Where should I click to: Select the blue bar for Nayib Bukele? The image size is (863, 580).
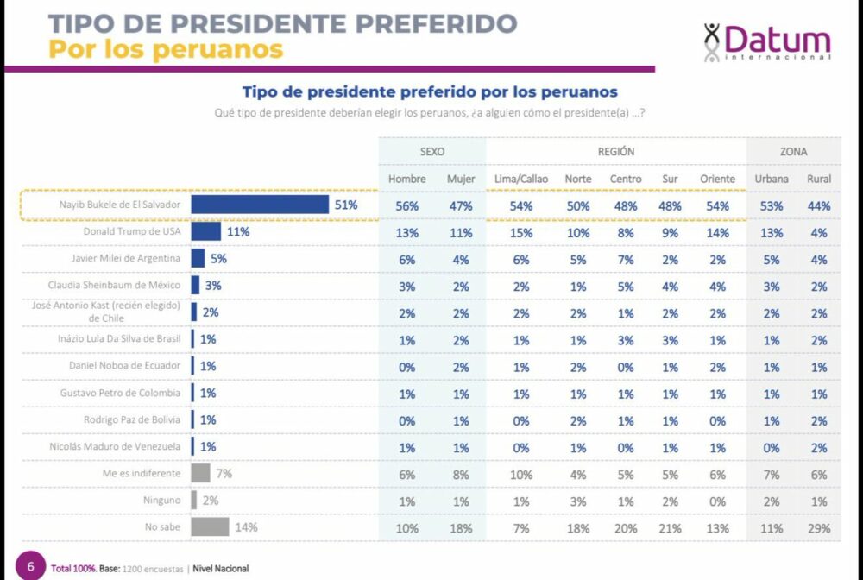point(260,205)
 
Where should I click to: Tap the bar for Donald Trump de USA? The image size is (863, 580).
point(205,231)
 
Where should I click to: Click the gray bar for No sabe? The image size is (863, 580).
point(210,526)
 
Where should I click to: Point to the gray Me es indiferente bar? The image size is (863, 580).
point(200,473)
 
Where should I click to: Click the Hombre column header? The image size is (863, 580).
point(407,179)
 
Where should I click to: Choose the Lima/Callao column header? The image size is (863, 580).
point(521,179)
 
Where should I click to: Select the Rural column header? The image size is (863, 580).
point(819,179)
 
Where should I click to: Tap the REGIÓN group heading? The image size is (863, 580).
point(616,151)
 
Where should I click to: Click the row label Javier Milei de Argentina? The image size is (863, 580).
point(126,258)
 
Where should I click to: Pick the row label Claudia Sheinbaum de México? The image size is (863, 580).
point(120,285)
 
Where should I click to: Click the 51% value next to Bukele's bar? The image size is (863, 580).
point(345,205)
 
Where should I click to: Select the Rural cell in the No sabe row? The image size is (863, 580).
point(819,527)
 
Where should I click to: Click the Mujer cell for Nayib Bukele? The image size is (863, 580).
point(461,205)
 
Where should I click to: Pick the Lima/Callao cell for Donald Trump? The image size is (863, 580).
point(521,232)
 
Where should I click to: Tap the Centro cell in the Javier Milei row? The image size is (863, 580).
point(626,259)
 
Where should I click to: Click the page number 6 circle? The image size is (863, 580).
point(30,567)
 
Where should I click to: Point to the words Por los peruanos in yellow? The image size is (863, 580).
point(166,49)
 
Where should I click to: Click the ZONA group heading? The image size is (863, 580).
point(793,151)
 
